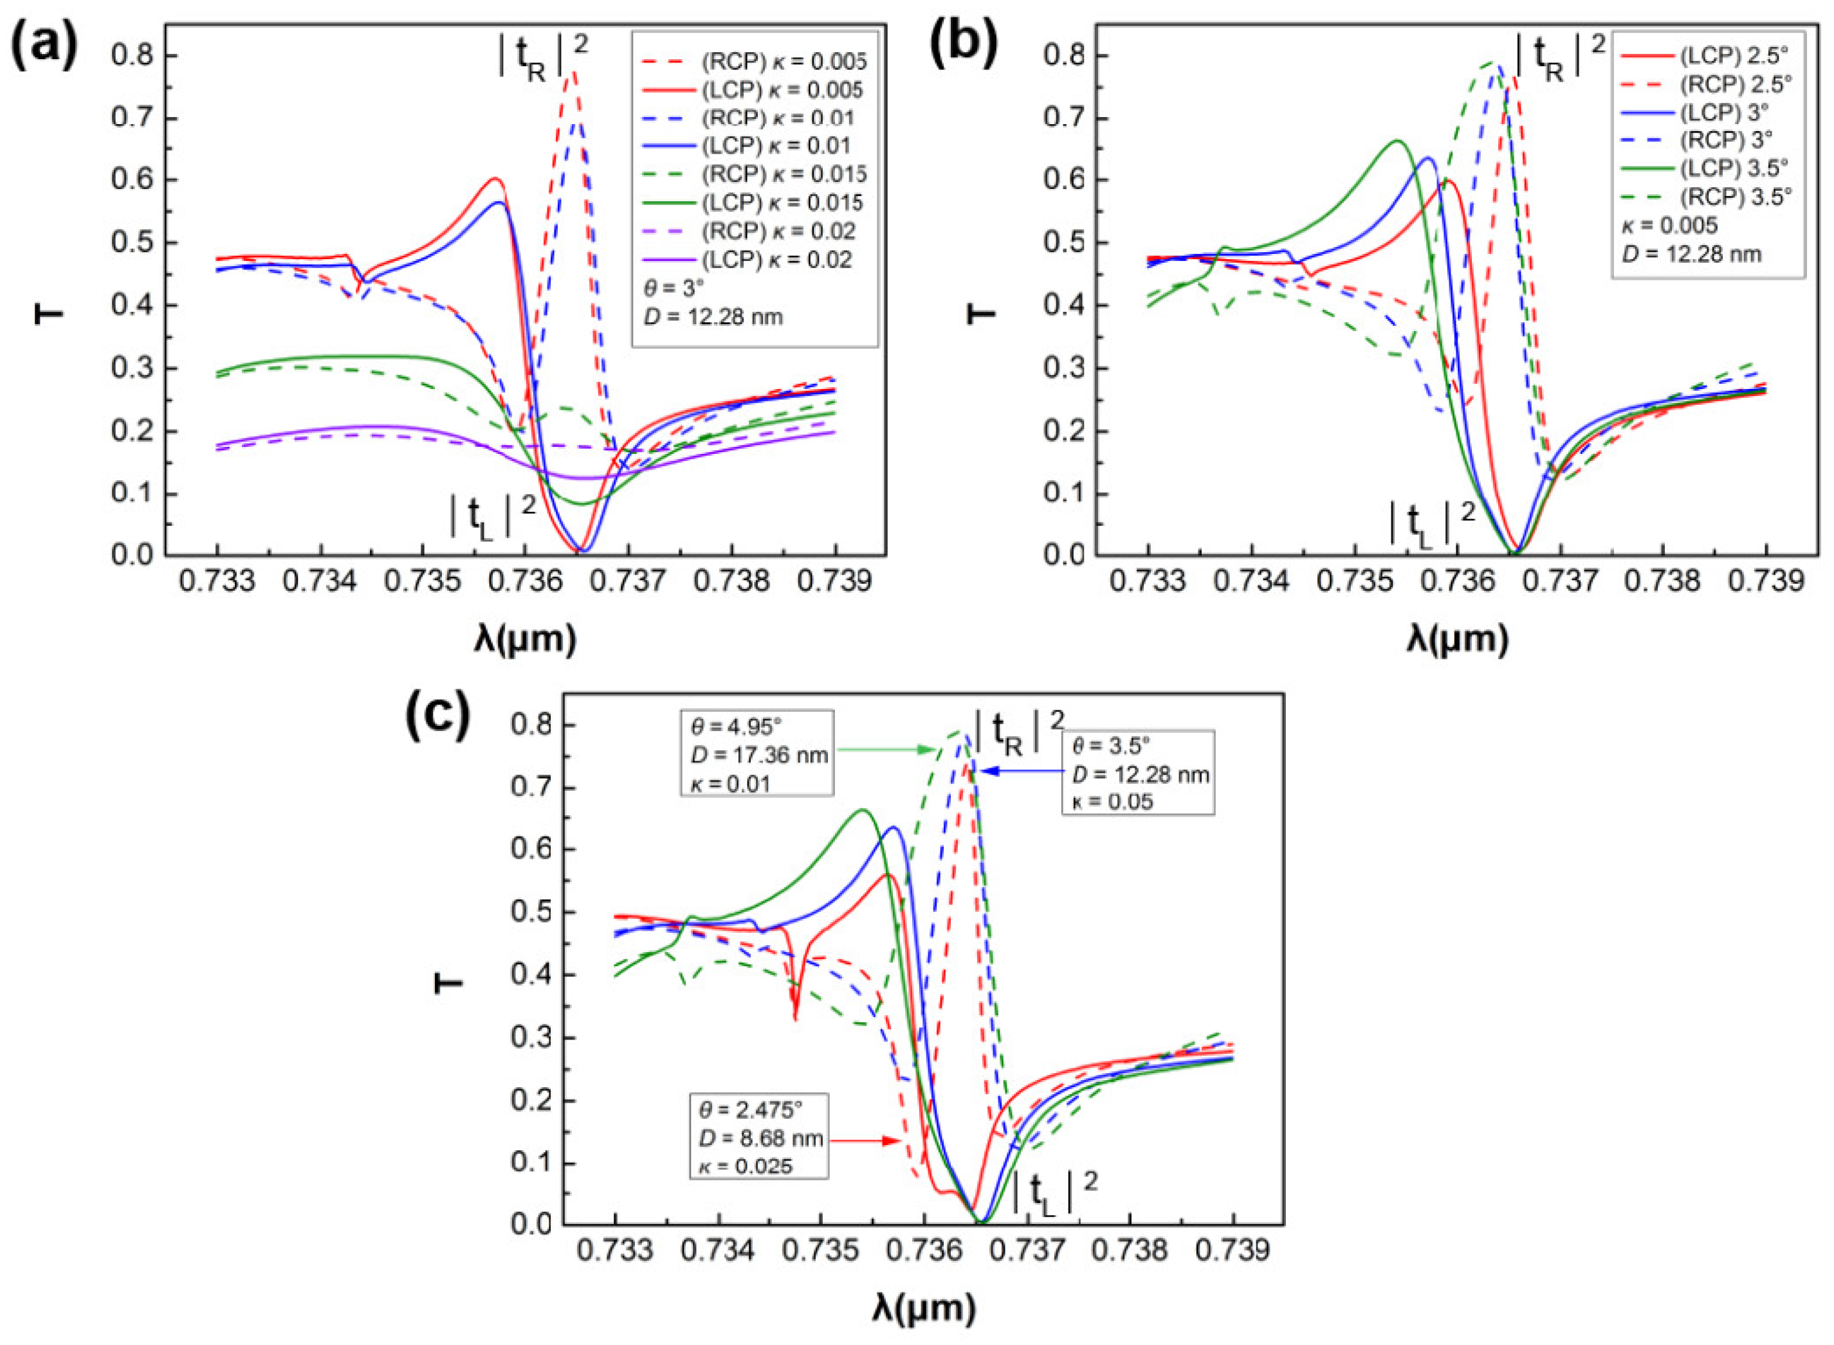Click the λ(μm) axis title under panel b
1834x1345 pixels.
[1457, 639]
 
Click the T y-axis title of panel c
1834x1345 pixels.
[447, 984]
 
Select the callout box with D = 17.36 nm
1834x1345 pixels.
[757, 752]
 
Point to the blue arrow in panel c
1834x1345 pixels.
[1018, 771]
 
